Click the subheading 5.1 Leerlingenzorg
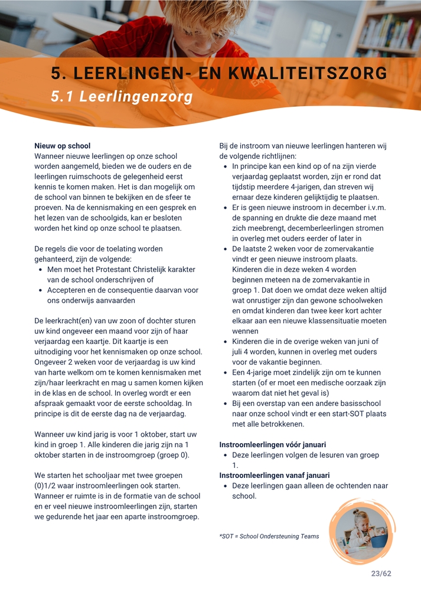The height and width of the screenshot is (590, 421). tap(122, 96)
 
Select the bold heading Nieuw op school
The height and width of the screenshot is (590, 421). tap(63, 146)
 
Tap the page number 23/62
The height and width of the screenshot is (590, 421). tap(381, 573)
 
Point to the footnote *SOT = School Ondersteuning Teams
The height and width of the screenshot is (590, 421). tap(269, 536)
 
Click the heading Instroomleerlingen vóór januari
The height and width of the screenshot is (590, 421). tap(272, 444)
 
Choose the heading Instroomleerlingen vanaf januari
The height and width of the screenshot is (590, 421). tap(275, 476)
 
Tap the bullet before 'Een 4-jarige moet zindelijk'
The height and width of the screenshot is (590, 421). tap(227, 372)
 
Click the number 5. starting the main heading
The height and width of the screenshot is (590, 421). tap(57, 73)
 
